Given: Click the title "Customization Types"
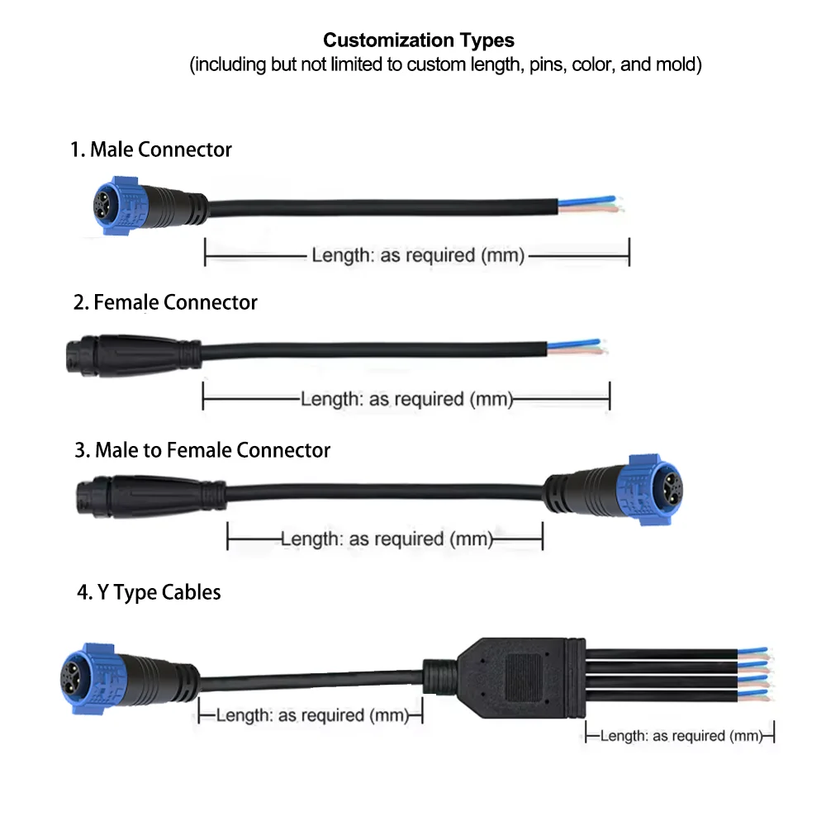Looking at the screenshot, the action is tap(418, 40).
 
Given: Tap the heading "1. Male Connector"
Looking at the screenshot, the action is tap(151, 150).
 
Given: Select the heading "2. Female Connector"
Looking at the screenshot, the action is tap(165, 302).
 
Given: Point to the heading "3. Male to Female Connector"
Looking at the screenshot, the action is tap(202, 450).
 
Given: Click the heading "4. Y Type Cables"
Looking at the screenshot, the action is tap(149, 592).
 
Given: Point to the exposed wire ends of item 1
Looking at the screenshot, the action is tap(591, 206).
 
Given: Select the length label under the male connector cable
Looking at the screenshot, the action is tap(417, 255).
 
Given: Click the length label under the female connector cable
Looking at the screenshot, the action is tap(406, 400).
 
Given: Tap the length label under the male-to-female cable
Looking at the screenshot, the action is tap(387, 539).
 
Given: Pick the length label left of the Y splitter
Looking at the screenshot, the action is tap(311, 714).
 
